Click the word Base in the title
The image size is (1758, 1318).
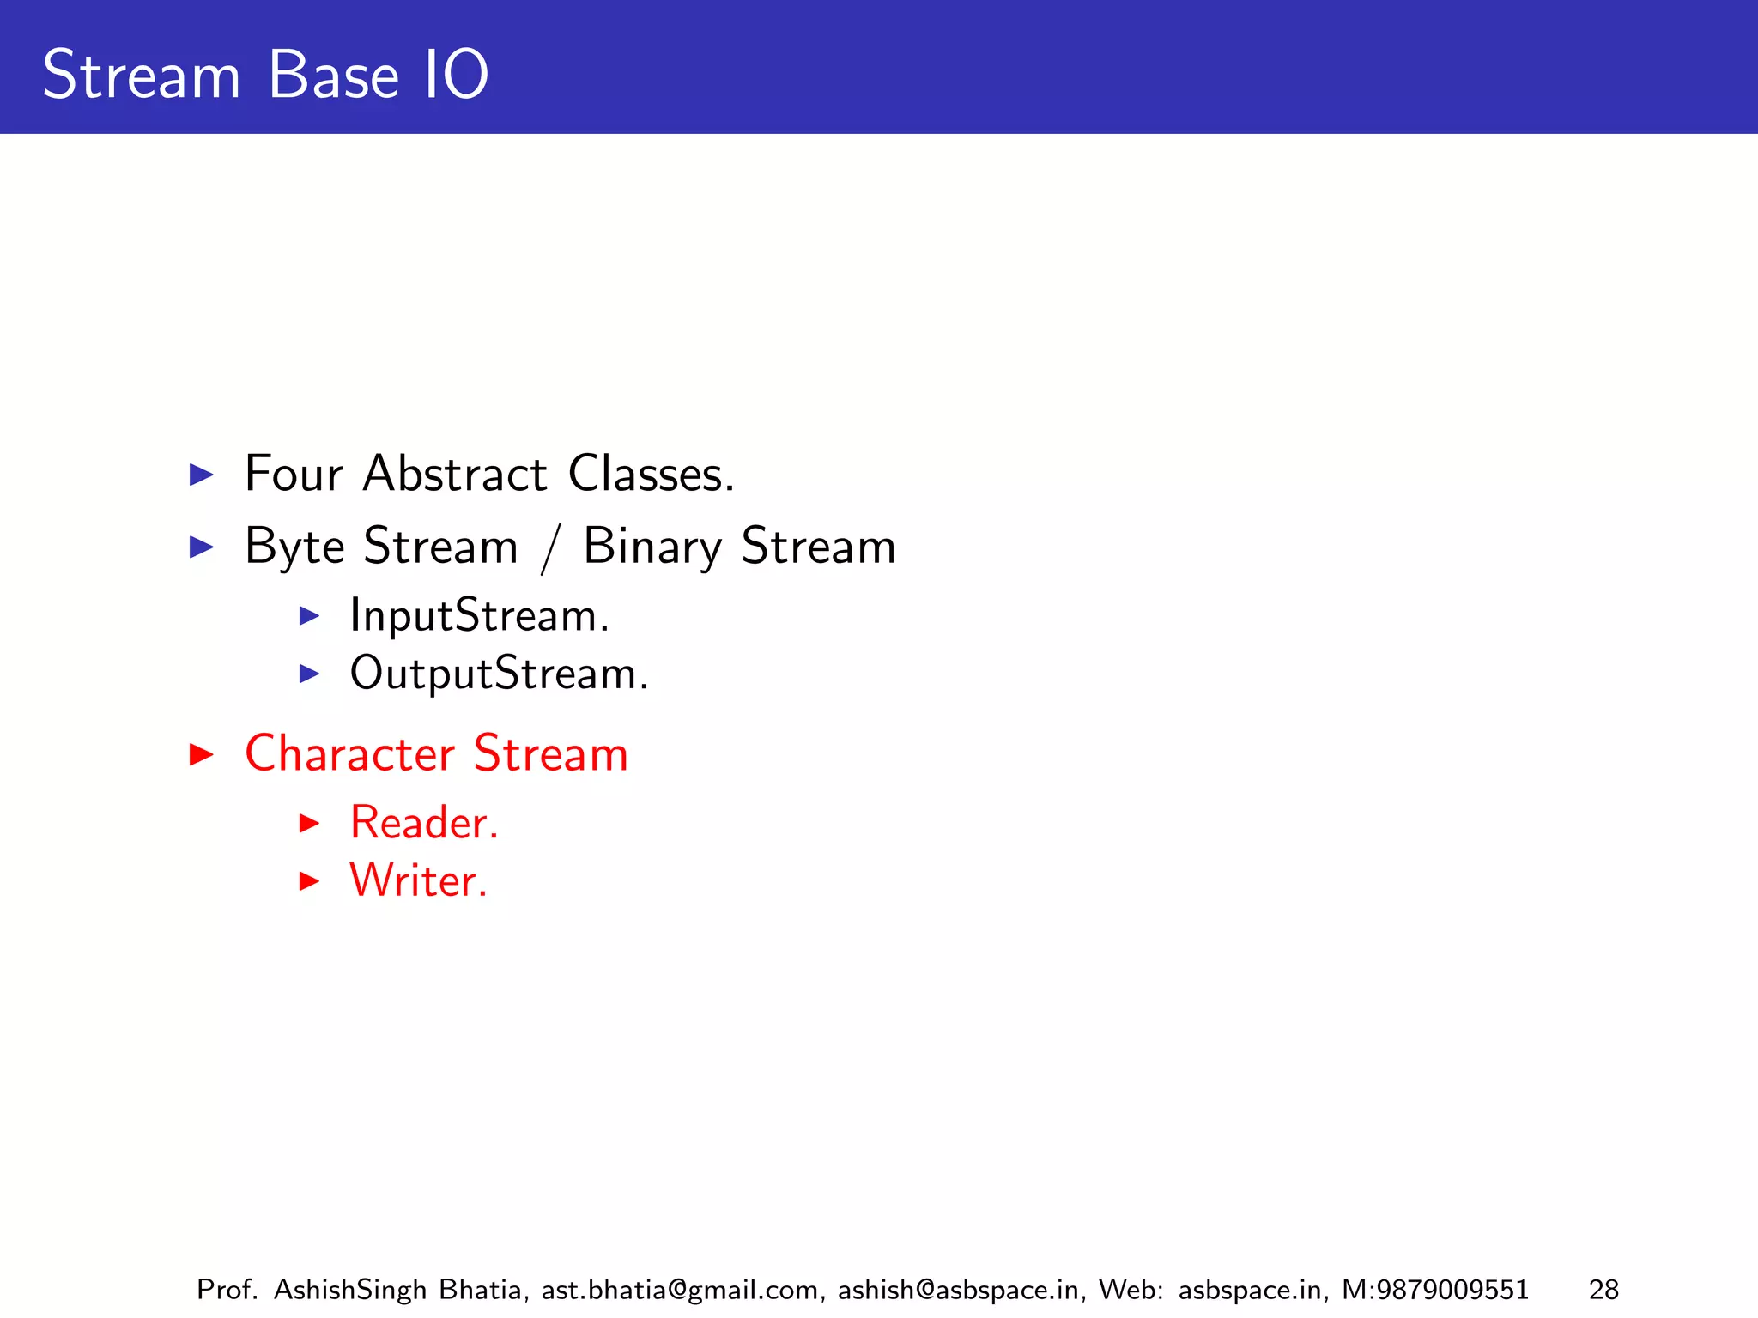[x=333, y=76]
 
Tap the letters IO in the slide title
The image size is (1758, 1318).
[x=456, y=76]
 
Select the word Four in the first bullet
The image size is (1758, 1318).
[x=294, y=474]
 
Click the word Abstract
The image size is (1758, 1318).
[x=454, y=474]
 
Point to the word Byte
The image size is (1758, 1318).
[x=294, y=547]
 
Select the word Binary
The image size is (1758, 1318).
[x=652, y=547]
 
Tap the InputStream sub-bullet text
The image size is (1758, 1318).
[x=479, y=616]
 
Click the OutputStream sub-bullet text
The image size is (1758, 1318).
[x=499, y=674]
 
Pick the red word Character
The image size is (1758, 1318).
[x=349, y=754]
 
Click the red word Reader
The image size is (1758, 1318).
[x=423, y=823]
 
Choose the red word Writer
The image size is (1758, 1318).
[x=418, y=880]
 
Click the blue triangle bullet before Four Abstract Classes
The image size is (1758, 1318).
[x=201, y=474]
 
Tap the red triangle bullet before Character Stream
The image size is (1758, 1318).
[x=201, y=754]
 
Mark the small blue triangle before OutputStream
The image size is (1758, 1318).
[x=309, y=674]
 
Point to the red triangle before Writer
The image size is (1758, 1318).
[x=309, y=880]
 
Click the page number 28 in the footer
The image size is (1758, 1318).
[x=1603, y=1290]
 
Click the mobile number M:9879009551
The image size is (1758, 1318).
[x=1435, y=1290]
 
